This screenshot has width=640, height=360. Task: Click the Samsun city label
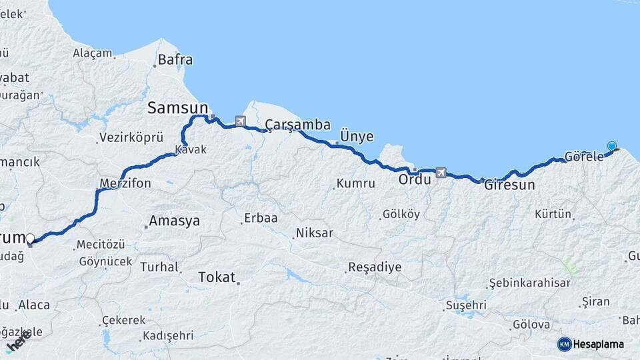tap(177, 107)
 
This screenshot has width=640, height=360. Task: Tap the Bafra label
tap(175, 60)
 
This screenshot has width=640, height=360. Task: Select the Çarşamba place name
tap(297, 125)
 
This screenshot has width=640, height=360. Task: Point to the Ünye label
tap(357, 136)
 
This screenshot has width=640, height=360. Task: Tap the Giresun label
tap(509, 185)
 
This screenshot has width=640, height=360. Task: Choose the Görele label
tap(583, 157)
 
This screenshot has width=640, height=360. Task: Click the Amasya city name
tap(174, 221)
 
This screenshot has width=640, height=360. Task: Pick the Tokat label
tap(217, 277)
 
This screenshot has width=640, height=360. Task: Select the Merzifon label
tap(125, 183)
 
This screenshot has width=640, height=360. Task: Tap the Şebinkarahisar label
tap(530, 283)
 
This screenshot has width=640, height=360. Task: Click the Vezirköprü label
tap(131, 138)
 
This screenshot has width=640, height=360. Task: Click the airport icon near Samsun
tap(240, 121)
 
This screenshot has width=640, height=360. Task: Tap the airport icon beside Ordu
tap(440, 173)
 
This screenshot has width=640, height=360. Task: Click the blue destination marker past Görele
tap(611, 146)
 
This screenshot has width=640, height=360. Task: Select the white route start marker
tap(30, 238)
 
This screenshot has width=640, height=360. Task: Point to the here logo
tap(19, 341)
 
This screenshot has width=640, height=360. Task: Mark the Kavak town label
tap(191, 150)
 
